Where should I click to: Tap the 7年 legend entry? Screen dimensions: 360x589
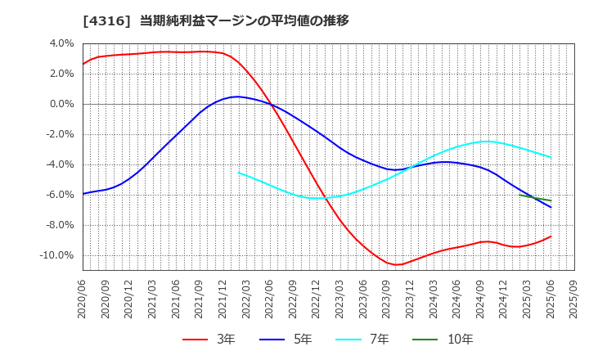pos(371,339)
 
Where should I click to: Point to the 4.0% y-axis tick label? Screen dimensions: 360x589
pos(61,43)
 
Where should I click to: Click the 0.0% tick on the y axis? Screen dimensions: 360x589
pos(61,104)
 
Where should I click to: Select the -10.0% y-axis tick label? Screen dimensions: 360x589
pos(56,255)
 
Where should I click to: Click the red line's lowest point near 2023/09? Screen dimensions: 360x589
pos(397,265)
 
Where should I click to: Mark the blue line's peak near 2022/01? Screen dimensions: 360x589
pos(236,97)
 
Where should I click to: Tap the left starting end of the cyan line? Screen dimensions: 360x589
pos(239,173)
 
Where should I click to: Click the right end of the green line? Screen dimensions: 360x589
pos(551,200)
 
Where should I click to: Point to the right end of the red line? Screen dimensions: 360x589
pos(551,236)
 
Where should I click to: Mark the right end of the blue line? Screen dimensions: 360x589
pos(551,207)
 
